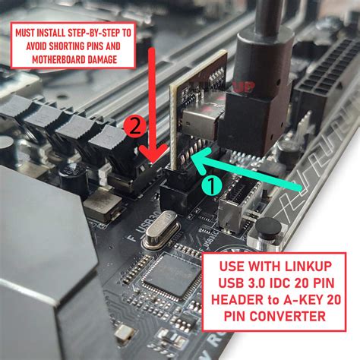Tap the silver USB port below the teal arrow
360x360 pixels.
(x=232, y=216)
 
